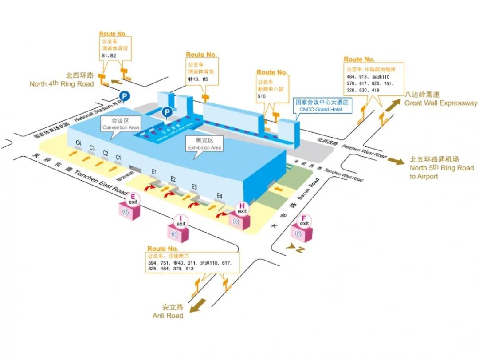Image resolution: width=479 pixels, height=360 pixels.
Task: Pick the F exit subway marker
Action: pos(304,226)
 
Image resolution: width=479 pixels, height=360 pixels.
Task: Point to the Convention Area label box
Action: pos(121,124)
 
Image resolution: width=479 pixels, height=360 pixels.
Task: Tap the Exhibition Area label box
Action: pos(205,144)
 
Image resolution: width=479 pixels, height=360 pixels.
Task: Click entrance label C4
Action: pos(79,143)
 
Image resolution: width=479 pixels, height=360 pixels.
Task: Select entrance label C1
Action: pos(118,158)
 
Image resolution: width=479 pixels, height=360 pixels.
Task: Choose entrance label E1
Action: pos(154,171)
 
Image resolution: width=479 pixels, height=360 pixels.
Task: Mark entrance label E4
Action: pos(219,195)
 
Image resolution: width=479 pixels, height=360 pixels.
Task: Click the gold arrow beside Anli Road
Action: pos(198,305)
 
